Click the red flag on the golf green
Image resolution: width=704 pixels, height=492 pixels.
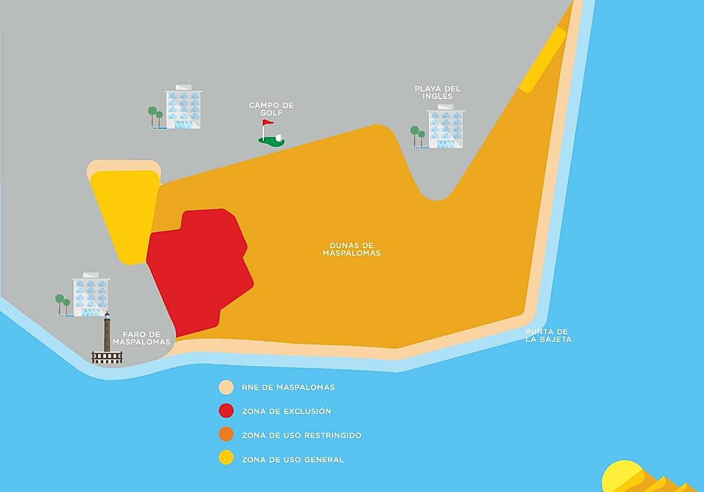point(268,124)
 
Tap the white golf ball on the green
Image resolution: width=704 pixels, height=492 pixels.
point(279,138)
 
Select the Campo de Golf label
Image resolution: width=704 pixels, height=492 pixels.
point(271,109)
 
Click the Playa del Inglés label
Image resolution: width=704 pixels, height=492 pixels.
point(438,93)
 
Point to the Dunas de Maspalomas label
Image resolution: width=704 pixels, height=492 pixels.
point(351,250)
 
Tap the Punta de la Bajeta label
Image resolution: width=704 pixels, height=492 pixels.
point(548,336)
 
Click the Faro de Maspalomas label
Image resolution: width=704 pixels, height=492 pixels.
point(142,338)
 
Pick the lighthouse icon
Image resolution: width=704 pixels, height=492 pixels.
point(107,340)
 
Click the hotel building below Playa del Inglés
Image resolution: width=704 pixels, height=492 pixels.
point(446,127)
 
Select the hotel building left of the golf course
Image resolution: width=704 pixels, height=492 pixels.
point(183,108)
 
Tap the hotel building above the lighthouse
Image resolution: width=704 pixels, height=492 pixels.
point(91,296)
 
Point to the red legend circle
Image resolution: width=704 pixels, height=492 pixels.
point(226,411)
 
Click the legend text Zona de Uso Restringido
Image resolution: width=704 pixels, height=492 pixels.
point(301,435)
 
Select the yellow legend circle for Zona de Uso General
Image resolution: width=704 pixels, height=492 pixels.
point(226,459)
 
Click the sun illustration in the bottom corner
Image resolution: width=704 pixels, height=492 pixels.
point(623,477)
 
